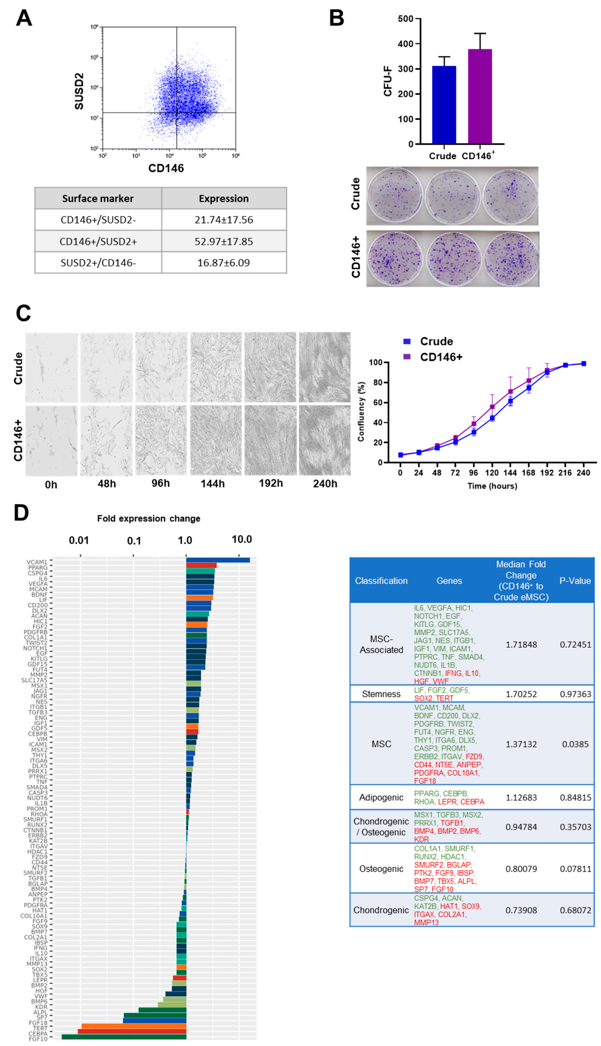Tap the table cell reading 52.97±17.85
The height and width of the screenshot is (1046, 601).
[x=224, y=241]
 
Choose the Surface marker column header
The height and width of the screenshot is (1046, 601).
[x=98, y=199]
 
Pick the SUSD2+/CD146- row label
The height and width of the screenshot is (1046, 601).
[x=98, y=263]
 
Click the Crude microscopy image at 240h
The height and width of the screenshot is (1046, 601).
[x=325, y=367]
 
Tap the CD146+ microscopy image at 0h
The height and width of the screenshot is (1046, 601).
[x=51, y=440]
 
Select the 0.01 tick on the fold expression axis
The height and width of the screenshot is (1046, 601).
[x=79, y=540]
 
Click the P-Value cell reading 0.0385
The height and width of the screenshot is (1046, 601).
[x=575, y=744]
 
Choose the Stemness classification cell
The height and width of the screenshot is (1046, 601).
[x=381, y=694]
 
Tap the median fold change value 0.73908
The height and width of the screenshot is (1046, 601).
[x=521, y=910]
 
